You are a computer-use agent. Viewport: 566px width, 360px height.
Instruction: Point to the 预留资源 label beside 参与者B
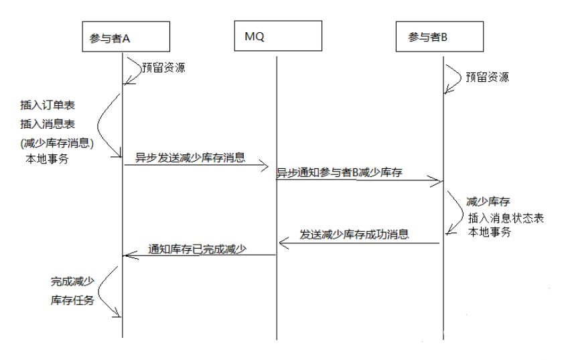487,76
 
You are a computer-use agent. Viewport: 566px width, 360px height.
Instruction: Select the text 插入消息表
48,124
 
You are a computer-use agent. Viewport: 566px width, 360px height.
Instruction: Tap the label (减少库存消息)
57,143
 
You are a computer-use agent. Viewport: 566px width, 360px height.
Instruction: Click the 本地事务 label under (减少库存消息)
46,160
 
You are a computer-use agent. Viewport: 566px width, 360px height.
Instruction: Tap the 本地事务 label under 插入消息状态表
490,232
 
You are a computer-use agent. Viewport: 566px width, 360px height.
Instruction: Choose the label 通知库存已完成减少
198,249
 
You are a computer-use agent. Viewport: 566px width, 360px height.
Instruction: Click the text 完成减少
72,282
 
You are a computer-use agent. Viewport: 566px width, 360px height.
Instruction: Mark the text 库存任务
72,300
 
